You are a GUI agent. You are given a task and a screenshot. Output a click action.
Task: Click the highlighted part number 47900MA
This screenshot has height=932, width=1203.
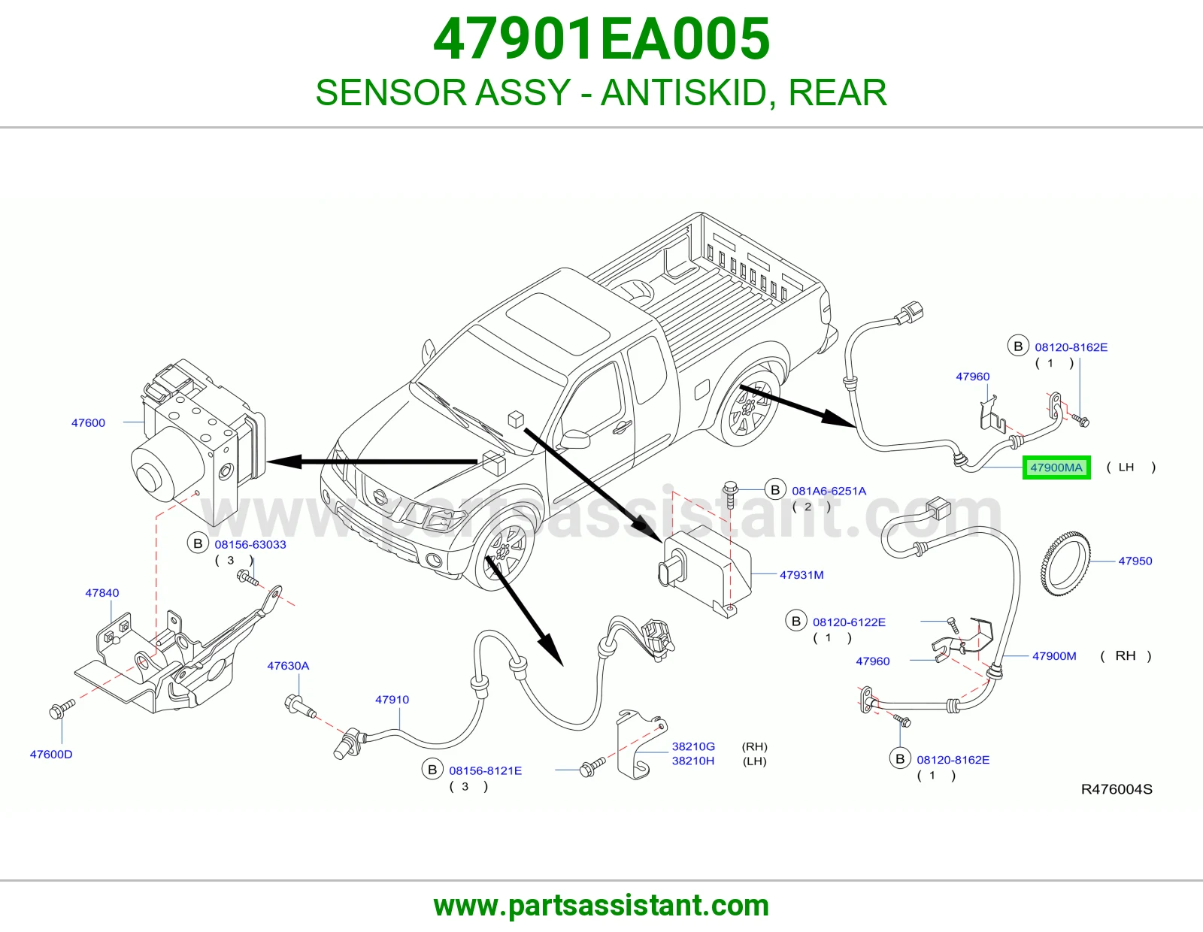click(x=1056, y=467)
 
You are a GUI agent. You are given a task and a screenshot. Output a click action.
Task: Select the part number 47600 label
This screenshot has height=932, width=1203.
click(x=88, y=423)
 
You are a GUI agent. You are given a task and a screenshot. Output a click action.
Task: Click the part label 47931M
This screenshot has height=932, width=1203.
click(x=801, y=575)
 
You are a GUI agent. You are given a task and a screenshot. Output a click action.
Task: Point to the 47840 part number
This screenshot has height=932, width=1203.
click(x=102, y=593)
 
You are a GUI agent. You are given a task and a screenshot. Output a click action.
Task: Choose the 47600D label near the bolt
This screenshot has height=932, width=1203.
click(x=51, y=755)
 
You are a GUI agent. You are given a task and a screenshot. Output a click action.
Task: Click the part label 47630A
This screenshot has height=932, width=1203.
click(x=288, y=666)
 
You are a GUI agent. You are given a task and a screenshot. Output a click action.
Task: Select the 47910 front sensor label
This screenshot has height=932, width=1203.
click(x=392, y=700)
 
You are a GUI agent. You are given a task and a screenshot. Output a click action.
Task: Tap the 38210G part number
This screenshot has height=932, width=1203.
click(x=693, y=746)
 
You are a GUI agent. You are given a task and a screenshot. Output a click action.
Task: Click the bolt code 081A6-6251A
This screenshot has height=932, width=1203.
click(x=829, y=491)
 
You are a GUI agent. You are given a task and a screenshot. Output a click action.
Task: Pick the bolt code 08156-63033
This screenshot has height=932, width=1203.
click(x=250, y=545)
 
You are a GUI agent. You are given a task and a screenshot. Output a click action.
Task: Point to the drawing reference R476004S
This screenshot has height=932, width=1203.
click(x=1117, y=789)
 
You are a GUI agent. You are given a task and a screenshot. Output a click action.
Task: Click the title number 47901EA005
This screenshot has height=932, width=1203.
click(x=601, y=39)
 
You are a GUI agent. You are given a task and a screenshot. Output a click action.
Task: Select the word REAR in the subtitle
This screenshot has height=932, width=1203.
click(x=837, y=92)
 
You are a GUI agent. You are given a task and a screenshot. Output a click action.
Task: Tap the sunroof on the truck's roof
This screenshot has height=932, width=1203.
click(x=558, y=323)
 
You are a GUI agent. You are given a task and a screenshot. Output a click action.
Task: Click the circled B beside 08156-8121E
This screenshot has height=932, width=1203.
click(x=432, y=770)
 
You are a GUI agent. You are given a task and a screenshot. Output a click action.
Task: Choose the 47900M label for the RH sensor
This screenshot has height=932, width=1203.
click(x=1054, y=656)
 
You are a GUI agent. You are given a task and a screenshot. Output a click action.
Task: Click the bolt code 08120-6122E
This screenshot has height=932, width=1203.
click(x=849, y=622)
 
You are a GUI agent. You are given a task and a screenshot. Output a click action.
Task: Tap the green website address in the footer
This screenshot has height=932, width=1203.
click(x=601, y=906)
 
